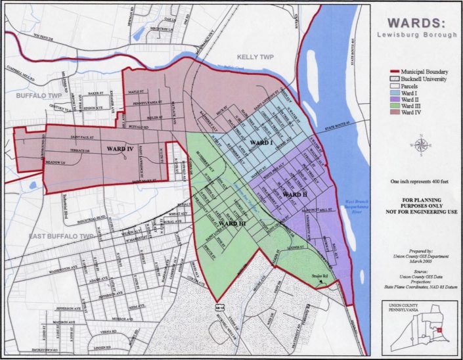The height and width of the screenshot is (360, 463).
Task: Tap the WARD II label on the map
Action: (x=296, y=195)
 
